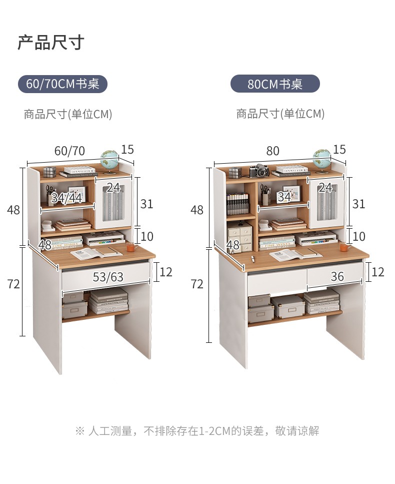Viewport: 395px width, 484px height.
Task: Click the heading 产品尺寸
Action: [50, 43]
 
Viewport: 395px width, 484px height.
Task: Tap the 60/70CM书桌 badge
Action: [63, 84]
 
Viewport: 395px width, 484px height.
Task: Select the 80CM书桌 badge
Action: [274, 84]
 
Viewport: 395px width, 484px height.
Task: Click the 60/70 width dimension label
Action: [69, 151]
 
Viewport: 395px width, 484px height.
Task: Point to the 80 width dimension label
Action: [272, 151]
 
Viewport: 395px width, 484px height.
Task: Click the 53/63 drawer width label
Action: [108, 277]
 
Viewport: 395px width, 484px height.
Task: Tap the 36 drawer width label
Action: [337, 276]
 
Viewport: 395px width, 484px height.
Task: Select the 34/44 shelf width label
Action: [66, 198]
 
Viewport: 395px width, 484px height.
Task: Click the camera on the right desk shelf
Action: [259, 171]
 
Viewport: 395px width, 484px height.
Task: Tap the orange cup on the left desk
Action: [130, 247]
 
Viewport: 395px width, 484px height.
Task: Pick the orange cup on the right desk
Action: [343, 247]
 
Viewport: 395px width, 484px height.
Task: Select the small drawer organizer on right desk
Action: [240, 237]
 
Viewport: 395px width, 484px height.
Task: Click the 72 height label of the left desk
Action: [13, 284]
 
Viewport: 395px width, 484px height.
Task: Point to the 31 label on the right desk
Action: [358, 204]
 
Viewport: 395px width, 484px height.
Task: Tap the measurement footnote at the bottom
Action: [197, 430]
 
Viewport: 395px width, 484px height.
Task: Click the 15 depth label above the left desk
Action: [127, 150]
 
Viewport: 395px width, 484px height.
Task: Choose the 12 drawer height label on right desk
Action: [378, 272]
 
